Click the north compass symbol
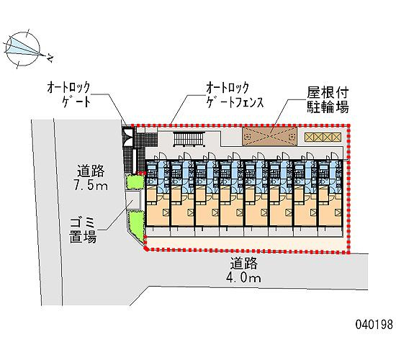pos(23,48)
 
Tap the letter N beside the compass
pos(50,58)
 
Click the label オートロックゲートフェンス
pos(235,95)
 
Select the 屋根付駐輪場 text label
pos(328,99)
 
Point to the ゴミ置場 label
pos(83,230)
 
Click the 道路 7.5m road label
pos(91,177)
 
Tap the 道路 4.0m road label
pos(243,270)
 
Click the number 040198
pos(374,325)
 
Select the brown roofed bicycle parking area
pos(270,136)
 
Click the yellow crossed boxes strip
pos(323,138)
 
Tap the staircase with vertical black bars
pos(189,139)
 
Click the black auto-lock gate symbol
pos(129,137)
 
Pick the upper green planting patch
pos(135,181)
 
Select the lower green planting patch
pos(137,225)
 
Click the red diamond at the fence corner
pos(145,249)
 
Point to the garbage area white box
pos(134,199)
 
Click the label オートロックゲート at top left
pos(68,94)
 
